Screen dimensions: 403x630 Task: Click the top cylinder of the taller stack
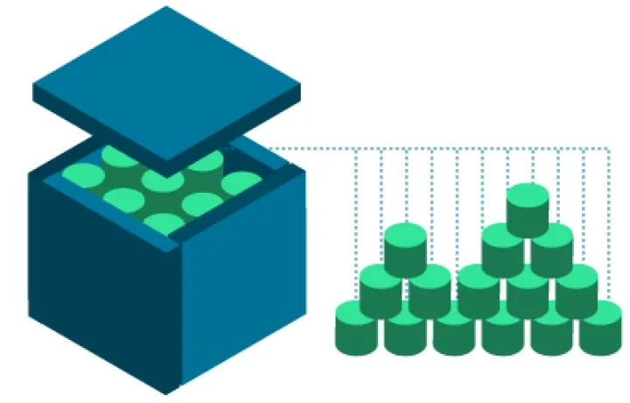click(x=527, y=209)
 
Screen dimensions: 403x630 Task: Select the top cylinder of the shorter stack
click(x=405, y=249)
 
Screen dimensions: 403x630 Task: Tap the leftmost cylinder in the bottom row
click(x=356, y=326)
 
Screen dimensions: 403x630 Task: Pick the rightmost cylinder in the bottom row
click(x=600, y=326)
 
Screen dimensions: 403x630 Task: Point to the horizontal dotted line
click(x=437, y=148)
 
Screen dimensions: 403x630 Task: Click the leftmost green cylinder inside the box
click(x=83, y=175)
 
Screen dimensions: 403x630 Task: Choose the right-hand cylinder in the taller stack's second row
click(x=552, y=250)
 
